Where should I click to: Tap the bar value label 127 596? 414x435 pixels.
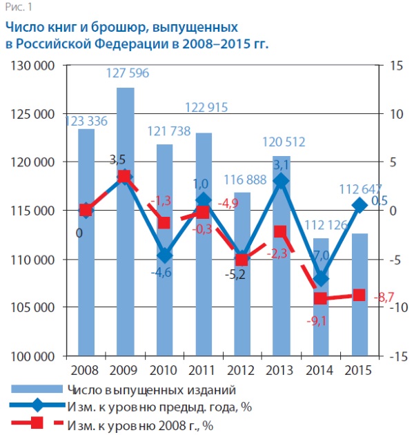pos(125,74)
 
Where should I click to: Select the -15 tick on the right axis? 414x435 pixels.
pos(394,356)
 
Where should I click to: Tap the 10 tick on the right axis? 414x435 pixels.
pos(394,114)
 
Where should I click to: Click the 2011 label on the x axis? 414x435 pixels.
pos(203,370)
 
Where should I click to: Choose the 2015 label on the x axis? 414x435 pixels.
pos(359,370)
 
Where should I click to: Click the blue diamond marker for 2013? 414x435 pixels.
pos(281,181)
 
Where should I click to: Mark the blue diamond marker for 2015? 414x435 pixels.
pos(359,205)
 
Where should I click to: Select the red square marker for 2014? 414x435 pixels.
pos(320,299)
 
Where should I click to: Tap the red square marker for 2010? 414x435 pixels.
pos(164,222)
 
